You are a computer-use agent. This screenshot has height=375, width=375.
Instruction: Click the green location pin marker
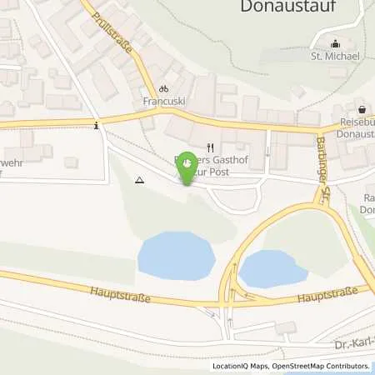click(188, 168)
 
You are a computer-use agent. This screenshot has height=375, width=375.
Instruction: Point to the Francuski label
click(164, 102)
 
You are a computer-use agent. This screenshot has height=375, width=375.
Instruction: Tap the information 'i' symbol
click(98, 126)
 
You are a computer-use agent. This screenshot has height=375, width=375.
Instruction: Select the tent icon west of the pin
click(139, 179)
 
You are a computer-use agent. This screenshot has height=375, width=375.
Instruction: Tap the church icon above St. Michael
click(336, 44)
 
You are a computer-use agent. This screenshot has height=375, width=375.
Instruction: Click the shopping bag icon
click(362, 109)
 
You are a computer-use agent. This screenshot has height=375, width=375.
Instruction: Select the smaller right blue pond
click(272, 268)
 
